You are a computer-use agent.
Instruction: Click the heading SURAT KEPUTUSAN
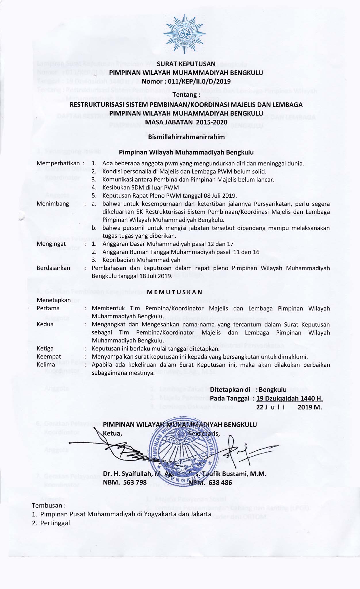(186, 64)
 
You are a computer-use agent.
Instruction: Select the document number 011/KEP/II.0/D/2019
(199, 82)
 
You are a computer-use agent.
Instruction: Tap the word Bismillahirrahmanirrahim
(186, 137)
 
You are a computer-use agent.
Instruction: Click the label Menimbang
(53, 204)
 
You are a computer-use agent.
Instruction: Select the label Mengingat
(51, 244)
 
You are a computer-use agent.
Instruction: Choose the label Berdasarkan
(53, 268)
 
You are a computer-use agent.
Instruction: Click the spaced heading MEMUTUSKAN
(175, 292)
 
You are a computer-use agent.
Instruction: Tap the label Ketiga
(45, 349)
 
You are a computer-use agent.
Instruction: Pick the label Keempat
(49, 357)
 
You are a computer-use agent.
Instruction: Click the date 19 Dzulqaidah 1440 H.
(290, 399)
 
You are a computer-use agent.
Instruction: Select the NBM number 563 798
(135, 482)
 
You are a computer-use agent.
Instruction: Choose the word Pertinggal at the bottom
(55, 523)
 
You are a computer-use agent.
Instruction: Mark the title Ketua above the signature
(112, 434)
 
